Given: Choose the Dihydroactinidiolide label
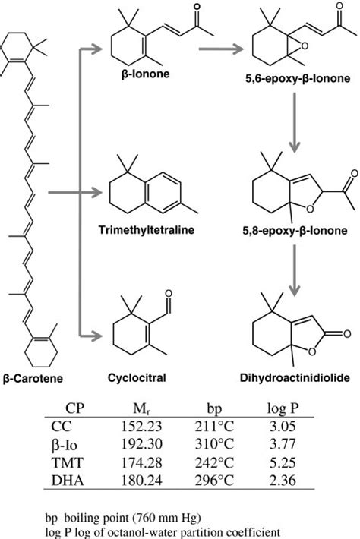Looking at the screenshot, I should click(292, 376).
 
